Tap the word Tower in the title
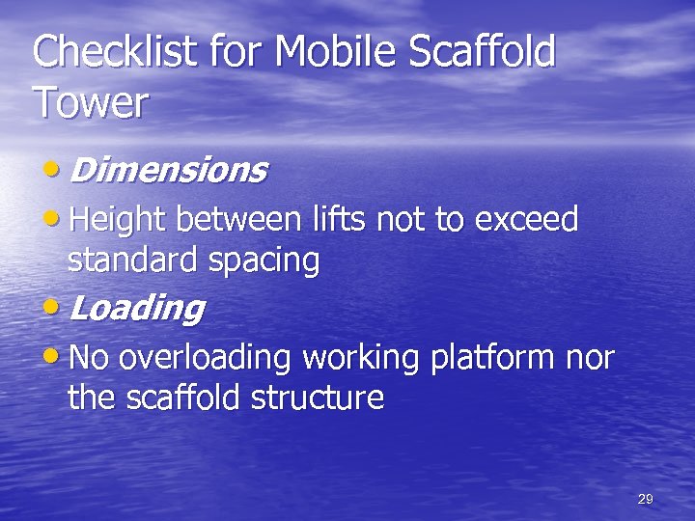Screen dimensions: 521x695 tap(90, 101)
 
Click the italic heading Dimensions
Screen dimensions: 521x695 tap(168, 171)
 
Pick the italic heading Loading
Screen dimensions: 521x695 tap(136, 309)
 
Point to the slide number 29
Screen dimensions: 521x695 tap(646, 499)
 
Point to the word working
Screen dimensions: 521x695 tap(360, 359)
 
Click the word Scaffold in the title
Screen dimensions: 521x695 tap(483, 52)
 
